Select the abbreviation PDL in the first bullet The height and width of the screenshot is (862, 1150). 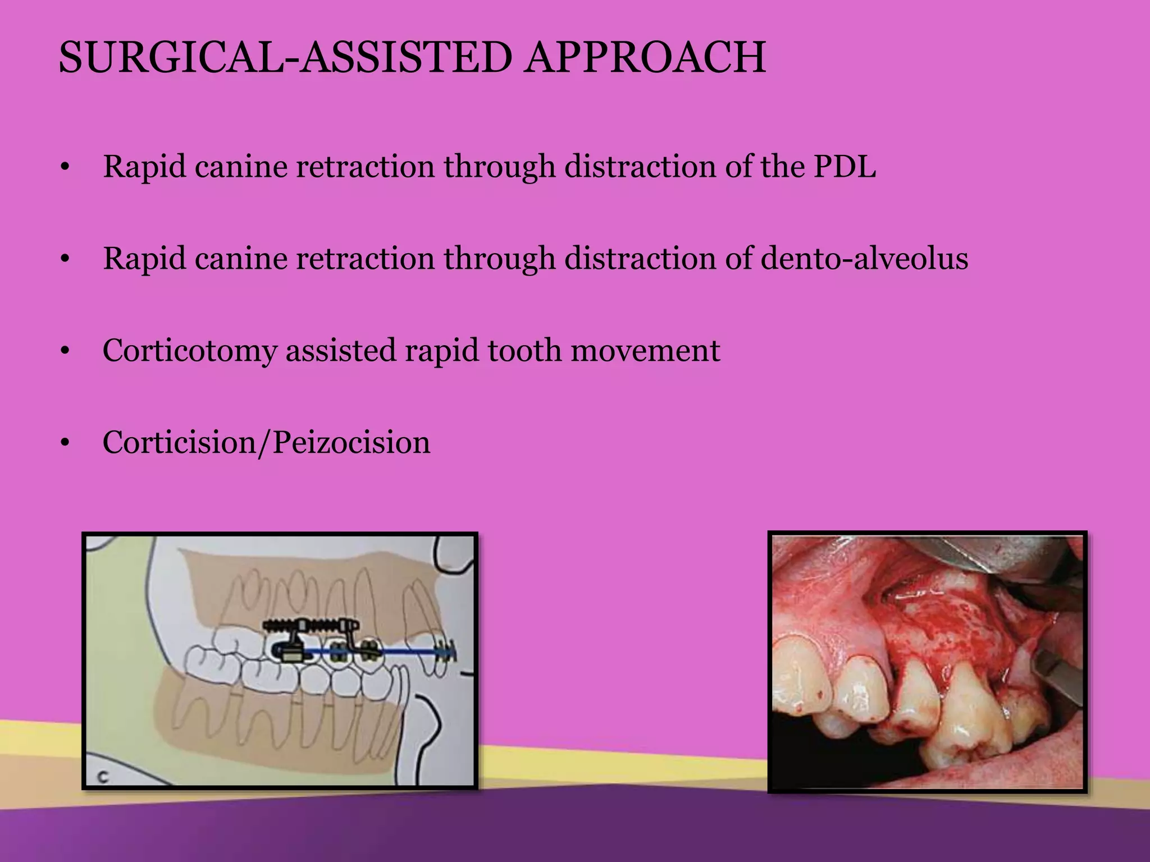[845, 167]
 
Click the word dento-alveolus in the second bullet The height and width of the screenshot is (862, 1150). [864, 259]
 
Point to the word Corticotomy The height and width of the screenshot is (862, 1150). [189, 351]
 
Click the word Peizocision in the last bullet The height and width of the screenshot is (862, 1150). [352, 443]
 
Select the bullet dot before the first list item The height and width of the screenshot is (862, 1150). [66, 168]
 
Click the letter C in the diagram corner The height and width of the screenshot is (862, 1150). [103, 777]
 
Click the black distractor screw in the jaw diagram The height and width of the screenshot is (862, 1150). [309, 625]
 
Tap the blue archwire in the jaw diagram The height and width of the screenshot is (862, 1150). [404, 652]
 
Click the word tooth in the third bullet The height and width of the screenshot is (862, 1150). [524, 351]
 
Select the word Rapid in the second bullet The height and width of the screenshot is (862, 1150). [144, 259]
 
